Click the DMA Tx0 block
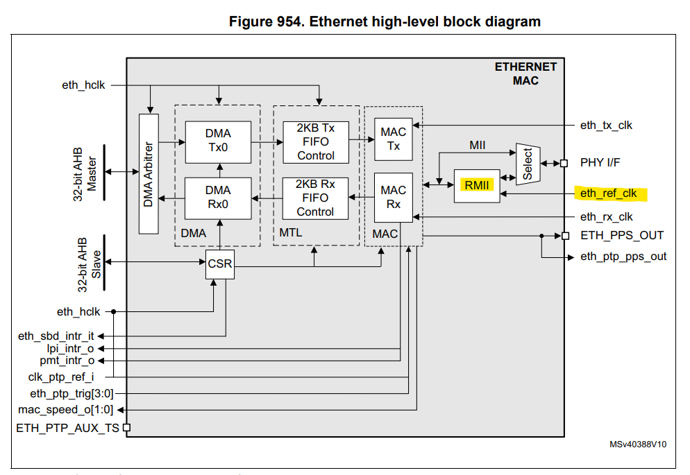click(218, 141)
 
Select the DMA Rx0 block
click(218, 198)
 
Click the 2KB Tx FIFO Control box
click(316, 141)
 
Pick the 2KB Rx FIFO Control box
click(316, 198)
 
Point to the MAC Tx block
click(394, 139)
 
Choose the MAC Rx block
click(394, 197)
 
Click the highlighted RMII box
click(477, 186)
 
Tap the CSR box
click(219, 264)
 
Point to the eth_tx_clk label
click(606, 126)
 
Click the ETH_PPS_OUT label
click(622, 235)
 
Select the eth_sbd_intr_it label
click(56, 336)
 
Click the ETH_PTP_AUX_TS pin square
click(126, 429)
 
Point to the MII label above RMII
click(477, 146)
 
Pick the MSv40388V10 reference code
click(638, 444)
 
